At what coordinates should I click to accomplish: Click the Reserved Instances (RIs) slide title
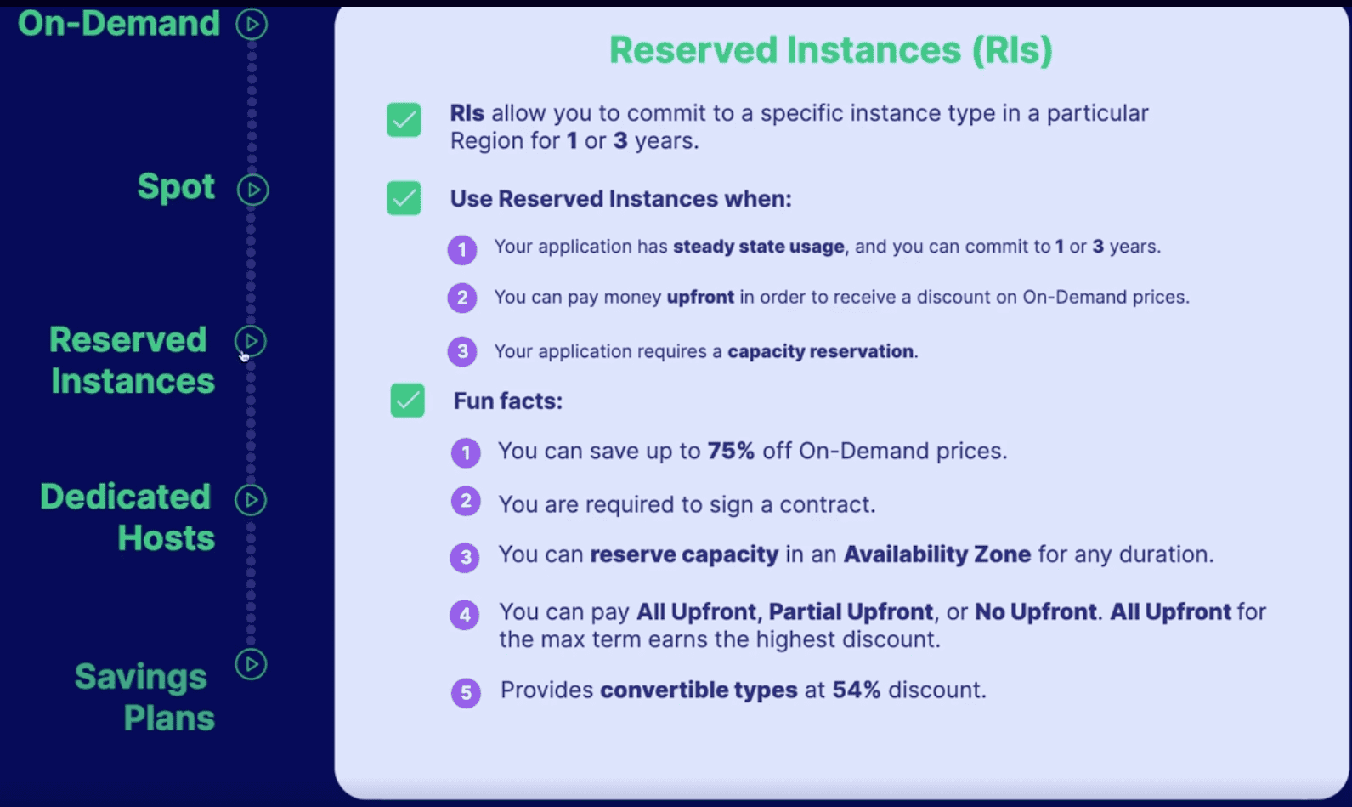830,50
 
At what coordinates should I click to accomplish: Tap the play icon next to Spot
252,190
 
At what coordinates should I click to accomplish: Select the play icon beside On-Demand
252,24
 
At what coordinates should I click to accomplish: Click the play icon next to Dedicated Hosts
251,500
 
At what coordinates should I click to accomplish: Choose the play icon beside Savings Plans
251,664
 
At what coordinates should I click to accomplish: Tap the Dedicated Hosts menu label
127,517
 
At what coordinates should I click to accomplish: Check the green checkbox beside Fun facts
407,401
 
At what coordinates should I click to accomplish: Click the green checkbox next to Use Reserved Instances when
404,198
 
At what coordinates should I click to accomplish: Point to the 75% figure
731,451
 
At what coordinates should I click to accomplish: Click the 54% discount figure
856,690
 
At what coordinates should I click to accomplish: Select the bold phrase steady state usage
758,247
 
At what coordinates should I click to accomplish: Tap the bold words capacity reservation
820,351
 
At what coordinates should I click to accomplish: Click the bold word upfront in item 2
700,297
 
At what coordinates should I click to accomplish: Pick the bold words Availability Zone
936,554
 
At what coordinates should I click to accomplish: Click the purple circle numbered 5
466,692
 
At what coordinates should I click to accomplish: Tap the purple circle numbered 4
465,614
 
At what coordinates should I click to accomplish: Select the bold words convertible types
698,690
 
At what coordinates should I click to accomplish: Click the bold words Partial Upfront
851,611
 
